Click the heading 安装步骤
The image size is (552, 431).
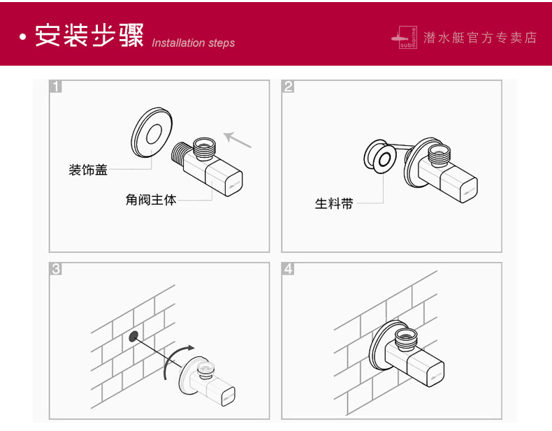[x=89, y=35]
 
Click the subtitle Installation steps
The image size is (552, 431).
[x=193, y=43]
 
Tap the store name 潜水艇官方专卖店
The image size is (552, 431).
[x=480, y=38]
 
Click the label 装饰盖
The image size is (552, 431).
[x=88, y=170]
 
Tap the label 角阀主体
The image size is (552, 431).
[x=151, y=200]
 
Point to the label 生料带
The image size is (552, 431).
[x=333, y=204]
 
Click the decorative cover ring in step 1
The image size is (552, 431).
[x=152, y=133]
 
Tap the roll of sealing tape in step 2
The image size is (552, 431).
[x=379, y=157]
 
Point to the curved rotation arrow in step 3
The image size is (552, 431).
[x=175, y=356]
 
